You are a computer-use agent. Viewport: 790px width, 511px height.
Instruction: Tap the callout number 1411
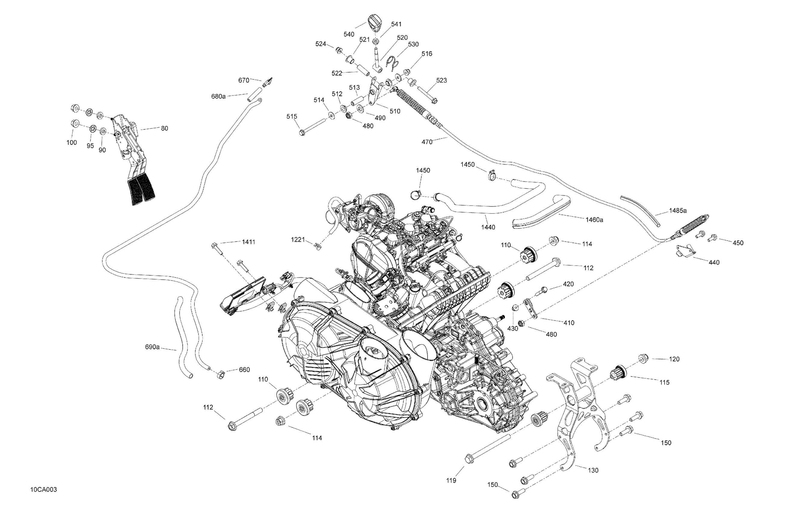coord(248,242)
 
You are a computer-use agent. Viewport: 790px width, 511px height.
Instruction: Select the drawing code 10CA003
coord(44,490)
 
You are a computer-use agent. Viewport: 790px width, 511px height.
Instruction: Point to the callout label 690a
coord(152,347)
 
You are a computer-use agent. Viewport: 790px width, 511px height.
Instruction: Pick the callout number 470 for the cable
coord(427,142)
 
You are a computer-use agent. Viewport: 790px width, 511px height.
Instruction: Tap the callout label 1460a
coord(594,220)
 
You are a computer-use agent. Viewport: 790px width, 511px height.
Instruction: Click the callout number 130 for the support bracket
coord(593,470)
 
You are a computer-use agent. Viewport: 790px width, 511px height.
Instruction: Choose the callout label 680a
coord(218,96)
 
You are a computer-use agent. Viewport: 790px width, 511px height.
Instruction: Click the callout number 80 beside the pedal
coord(164,128)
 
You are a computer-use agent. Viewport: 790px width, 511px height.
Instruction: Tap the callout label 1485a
coord(678,210)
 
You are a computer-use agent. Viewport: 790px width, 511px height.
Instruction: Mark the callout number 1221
coord(298,240)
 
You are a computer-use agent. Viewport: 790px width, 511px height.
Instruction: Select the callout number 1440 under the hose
coord(488,227)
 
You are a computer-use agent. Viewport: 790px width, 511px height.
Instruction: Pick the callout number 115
coord(665,383)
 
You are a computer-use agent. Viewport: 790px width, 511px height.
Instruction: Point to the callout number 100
coord(72,143)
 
